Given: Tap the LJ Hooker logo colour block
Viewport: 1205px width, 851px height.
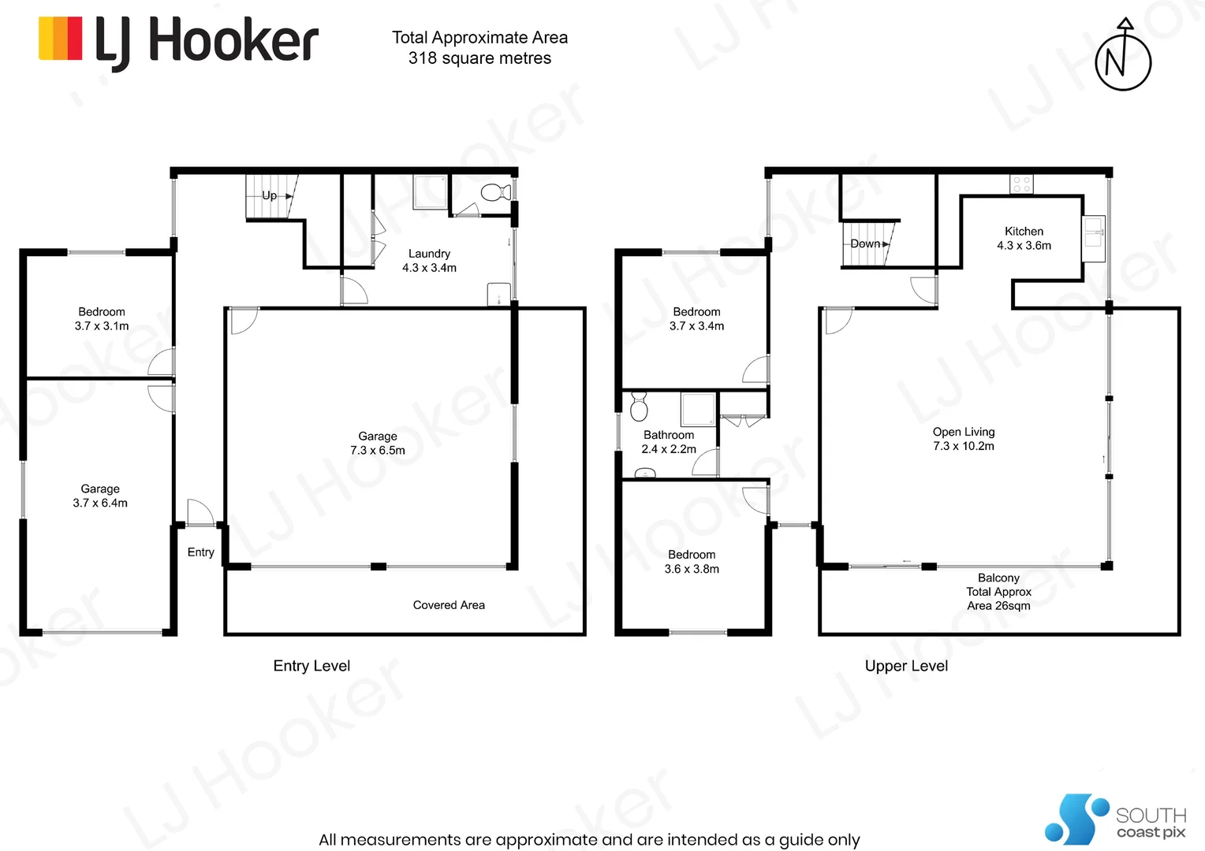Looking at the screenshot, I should click(61, 39).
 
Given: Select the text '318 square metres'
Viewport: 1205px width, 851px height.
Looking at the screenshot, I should click(479, 58).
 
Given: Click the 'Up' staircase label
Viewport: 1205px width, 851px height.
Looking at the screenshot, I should click(270, 195).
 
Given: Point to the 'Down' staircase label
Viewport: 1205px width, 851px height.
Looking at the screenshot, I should click(865, 243).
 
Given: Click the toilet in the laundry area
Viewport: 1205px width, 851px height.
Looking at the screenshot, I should click(495, 192).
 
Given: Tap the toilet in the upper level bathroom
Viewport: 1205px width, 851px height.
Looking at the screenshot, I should click(639, 407).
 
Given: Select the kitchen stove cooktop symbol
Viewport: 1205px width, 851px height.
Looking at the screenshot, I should click(1021, 184).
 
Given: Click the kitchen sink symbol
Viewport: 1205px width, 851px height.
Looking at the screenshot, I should click(1093, 232).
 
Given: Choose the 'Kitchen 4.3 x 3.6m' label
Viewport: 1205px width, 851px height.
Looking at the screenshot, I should click(1024, 238).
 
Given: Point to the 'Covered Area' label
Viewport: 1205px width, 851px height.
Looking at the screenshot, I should click(449, 605).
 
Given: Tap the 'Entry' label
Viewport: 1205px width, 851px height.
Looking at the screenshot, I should click(200, 552).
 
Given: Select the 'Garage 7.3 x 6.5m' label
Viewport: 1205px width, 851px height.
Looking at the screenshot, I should click(378, 443).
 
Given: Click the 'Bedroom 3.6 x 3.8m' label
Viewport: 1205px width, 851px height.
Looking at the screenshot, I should click(692, 562).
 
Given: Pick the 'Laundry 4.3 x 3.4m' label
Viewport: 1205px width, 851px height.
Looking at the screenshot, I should click(429, 261).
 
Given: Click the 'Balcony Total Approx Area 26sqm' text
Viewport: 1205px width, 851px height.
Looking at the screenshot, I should click(998, 592).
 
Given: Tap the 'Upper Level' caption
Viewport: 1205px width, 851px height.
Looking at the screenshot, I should click(906, 666).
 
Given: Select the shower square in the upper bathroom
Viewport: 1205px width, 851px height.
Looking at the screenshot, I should click(697, 410).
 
